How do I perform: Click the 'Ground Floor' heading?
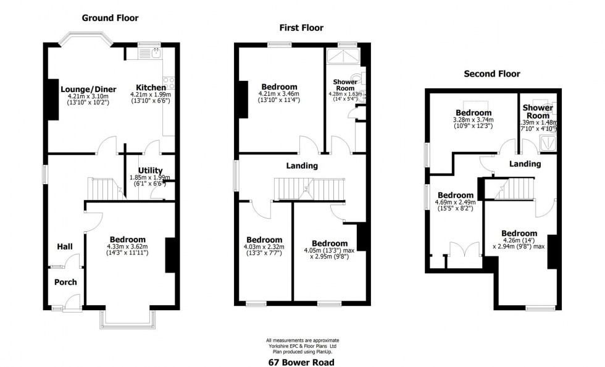[111, 18]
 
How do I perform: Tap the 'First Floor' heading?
[301, 28]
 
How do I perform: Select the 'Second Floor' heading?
[491, 74]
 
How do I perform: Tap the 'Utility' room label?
[150, 171]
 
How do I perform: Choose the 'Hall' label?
[65, 247]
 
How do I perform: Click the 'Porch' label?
[65, 282]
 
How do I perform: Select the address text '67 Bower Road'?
[302, 362]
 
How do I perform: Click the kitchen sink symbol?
[150, 54]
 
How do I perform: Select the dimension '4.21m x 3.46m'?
[279, 94]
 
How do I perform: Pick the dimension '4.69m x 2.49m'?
[455, 202]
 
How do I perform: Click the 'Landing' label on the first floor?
[302, 166]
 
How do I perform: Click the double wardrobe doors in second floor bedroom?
[461, 254]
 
